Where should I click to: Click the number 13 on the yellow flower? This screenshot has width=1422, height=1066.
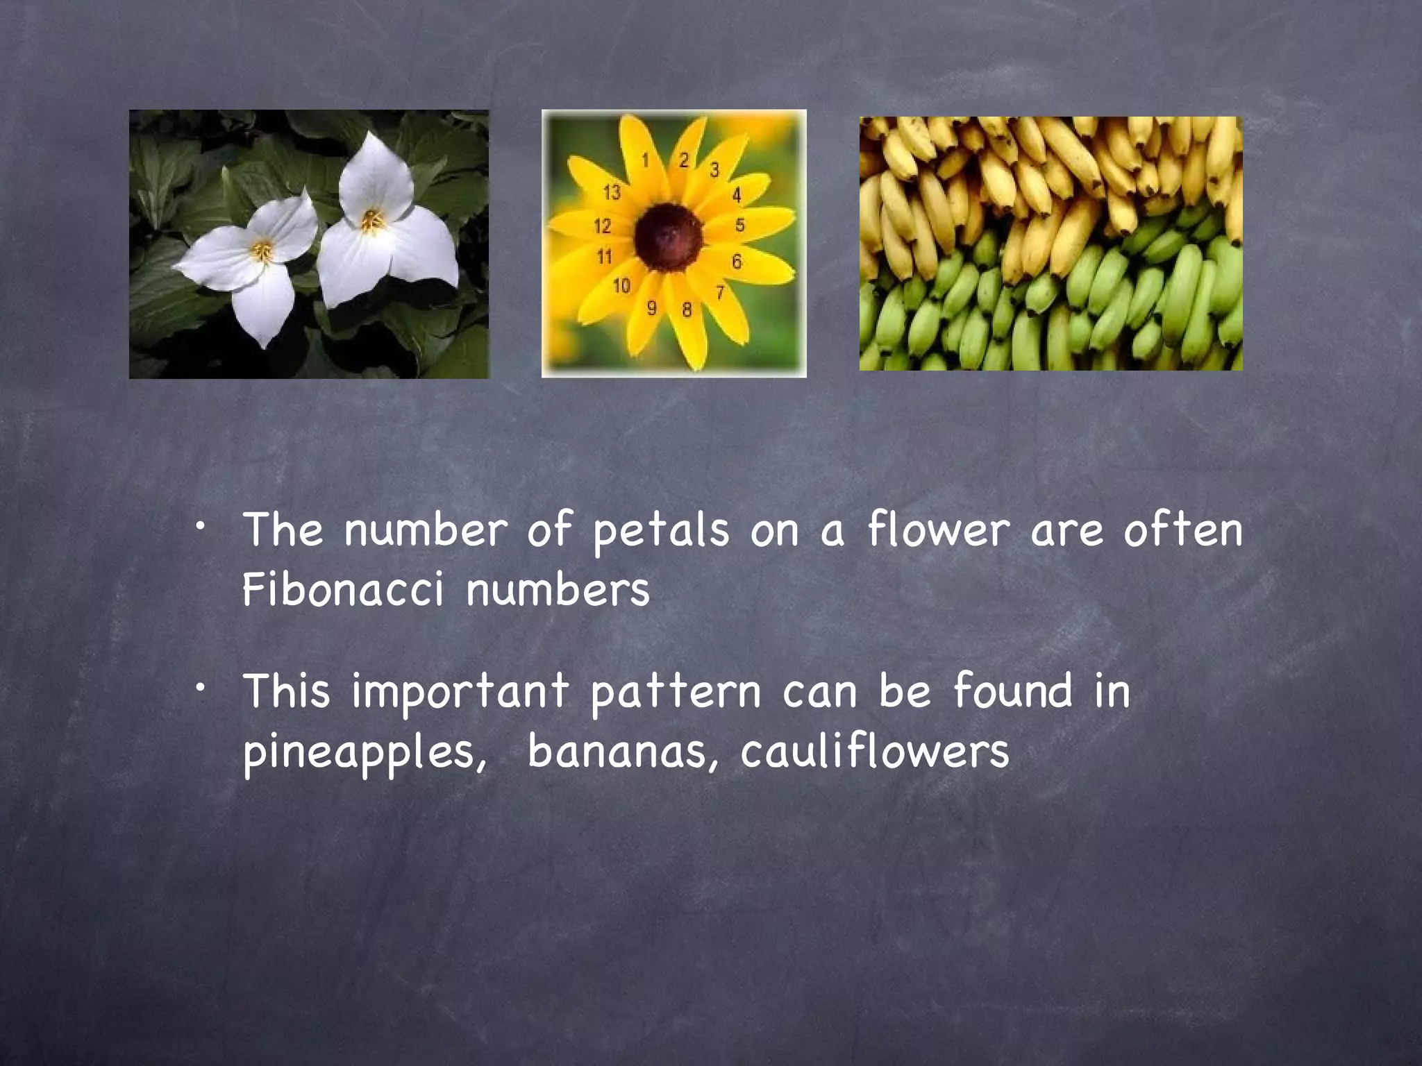(611, 192)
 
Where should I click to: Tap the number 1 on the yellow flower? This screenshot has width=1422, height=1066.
(645, 161)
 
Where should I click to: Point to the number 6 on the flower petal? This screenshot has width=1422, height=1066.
(737, 261)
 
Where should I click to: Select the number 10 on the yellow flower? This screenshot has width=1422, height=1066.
(621, 285)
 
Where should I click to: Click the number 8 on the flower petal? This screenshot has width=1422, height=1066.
(687, 310)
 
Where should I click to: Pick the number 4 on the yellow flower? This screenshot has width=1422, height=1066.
(737, 196)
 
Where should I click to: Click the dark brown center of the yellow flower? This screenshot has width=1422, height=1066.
(668, 238)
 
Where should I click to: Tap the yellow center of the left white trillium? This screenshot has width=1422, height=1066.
(262, 251)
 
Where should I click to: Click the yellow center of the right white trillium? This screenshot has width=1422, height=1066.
(373, 221)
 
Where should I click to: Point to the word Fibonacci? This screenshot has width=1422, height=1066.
(343, 590)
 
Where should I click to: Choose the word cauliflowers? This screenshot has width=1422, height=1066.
(874, 751)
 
